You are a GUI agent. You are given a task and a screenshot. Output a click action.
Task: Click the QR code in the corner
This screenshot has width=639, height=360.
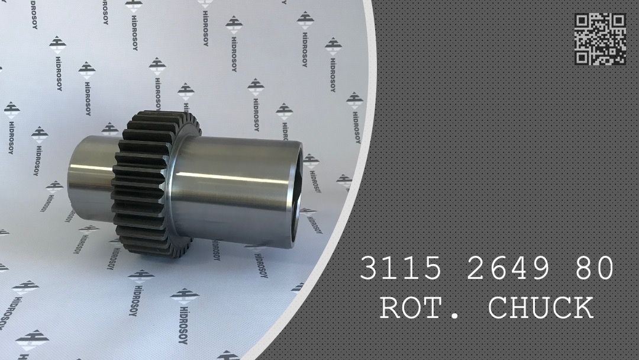600,39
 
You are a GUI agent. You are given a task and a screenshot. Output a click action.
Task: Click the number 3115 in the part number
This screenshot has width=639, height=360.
401,269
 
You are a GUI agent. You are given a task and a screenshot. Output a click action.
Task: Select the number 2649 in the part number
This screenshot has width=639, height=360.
509,269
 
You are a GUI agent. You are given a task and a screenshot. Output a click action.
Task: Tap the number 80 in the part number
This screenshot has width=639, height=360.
593,269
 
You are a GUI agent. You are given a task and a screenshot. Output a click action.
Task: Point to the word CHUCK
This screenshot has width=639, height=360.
541,308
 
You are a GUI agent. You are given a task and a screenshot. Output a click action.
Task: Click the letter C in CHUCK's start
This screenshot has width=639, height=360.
498,308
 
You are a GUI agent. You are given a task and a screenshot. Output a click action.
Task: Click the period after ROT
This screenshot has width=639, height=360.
454,317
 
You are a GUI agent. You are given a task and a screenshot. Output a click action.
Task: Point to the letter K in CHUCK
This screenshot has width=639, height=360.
583,308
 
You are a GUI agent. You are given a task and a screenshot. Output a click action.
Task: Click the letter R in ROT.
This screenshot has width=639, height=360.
391,308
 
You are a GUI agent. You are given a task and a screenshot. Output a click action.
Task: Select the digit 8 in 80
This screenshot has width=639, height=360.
582,269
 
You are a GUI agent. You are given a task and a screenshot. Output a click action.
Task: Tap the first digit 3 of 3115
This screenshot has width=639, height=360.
370,269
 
